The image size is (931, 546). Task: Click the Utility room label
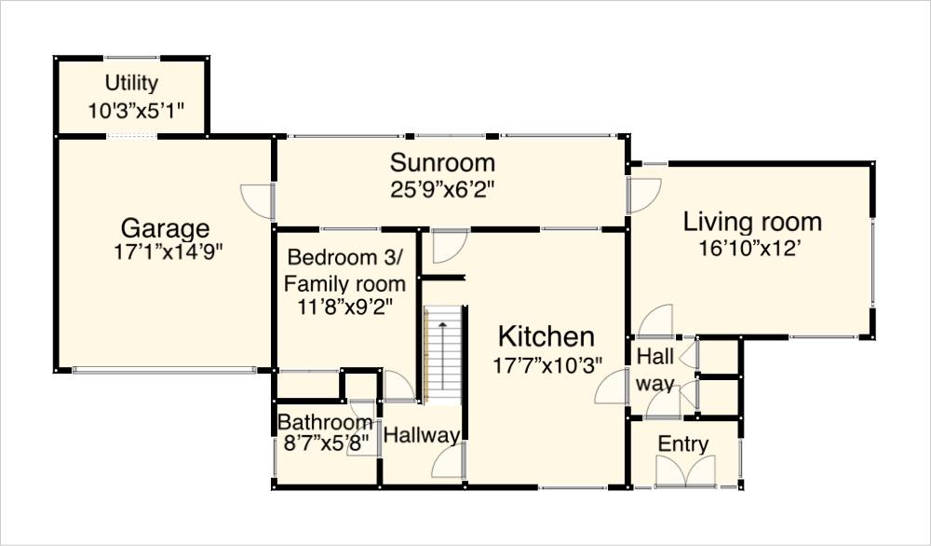pyautogui.click(x=131, y=83)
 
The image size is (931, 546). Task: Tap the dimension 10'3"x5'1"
pyautogui.click(x=137, y=110)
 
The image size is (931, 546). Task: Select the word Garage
pyautogui.click(x=165, y=228)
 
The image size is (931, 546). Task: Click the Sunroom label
pyautogui.click(x=441, y=163)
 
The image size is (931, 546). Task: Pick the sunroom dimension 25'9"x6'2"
pyautogui.click(x=441, y=187)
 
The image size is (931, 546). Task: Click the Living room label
pyautogui.click(x=752, y=222)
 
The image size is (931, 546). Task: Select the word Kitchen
pyautogui.click(x=546, y=336)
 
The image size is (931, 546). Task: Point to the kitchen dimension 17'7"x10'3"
pyautogui.click(x=547, y=364)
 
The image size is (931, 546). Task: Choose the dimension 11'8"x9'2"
pyautogui.click(x=344, y=307)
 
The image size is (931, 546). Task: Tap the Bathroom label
pyautogui.click(x=325, y=422)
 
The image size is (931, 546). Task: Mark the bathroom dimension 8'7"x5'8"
pyautogui.click(x=326, y=441)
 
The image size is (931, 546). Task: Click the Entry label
pyautogui.click(x=683, y=444)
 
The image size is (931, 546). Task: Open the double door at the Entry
pyautogui.click(x=684, y=473)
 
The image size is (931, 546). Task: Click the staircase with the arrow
pyautogui.click(x=444, y=354)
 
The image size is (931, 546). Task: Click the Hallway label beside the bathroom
pyautogui.click(x=422, y=435)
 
